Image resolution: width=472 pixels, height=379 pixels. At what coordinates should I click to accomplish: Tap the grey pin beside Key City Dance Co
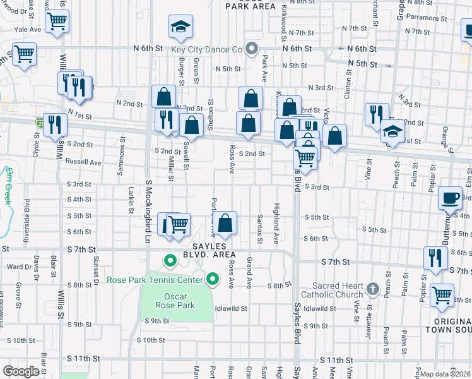pyautogui.click(x=252, y=49)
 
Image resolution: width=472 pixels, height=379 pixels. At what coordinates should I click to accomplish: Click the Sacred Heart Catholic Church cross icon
pyautogui.click(x=372, y=290)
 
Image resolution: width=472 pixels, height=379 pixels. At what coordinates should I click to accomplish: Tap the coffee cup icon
pyautogui.click(x=451, y=198)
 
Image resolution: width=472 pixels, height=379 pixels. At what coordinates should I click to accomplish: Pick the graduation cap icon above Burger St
pyautogui.click(x=180, y=27)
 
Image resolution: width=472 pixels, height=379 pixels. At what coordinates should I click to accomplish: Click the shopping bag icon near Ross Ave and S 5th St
pyautogui.click(x=225, y=223)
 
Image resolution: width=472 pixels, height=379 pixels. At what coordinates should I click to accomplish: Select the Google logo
pyautogui.click(x=21, y=371)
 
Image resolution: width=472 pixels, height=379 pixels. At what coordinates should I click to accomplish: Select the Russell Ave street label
pyautogui.click(x=84, y=162)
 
